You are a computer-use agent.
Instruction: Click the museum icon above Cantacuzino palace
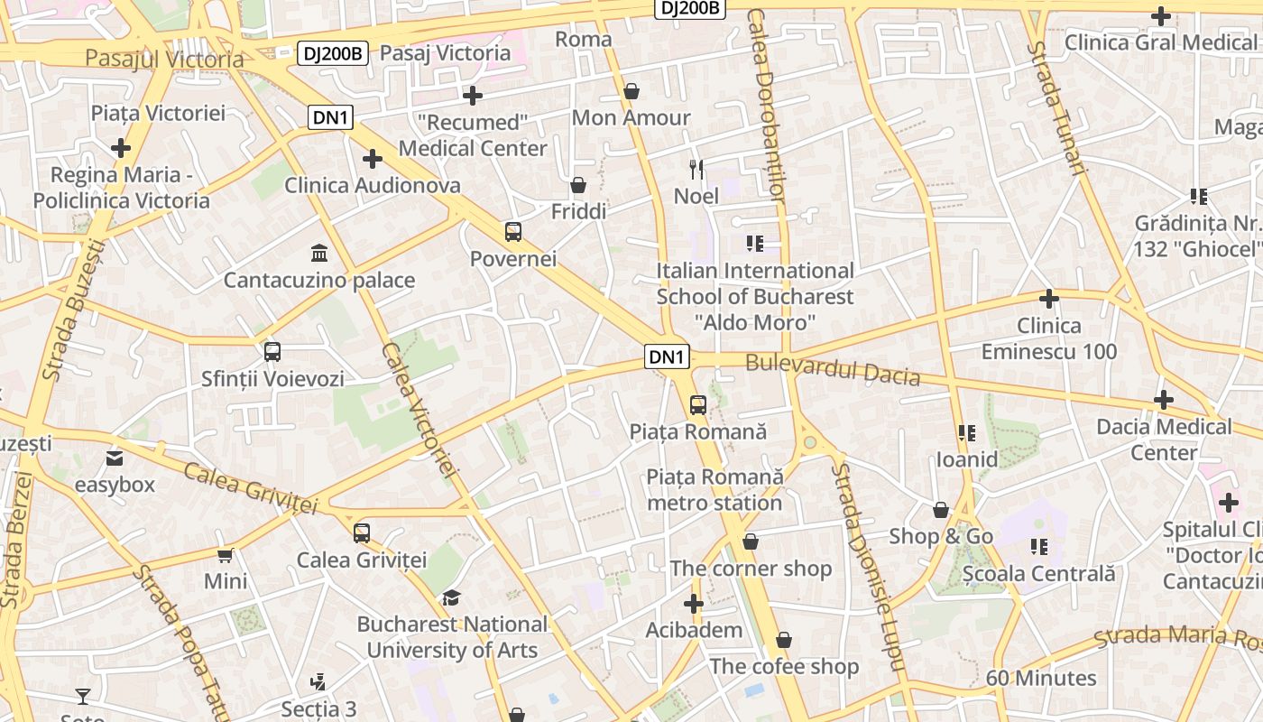pos(318,252)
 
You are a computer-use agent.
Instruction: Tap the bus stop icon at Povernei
pos(513,232)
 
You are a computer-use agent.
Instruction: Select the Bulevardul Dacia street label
pos(833,370)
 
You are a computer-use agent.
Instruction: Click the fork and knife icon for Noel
pos(696,169)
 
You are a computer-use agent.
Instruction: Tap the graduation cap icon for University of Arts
pos(451,597)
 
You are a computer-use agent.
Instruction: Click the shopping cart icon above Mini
pos(225,555)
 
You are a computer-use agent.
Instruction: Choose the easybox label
pos(115,485)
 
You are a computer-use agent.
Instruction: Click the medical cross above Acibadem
pos(693,604)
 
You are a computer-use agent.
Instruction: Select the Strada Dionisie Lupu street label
pos(868,569)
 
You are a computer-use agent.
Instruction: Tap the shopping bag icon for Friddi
pos(578,185)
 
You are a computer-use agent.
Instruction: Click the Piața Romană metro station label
pos(714,489)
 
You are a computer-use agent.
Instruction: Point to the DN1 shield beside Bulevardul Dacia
pos(667,357)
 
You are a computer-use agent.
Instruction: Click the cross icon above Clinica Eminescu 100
pos(1048,298)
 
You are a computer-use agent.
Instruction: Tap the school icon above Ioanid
pos(967,433)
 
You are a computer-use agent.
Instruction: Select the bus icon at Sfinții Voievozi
pos(272,352)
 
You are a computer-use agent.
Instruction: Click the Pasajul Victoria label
pos(164,60)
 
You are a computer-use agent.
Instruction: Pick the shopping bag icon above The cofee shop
pos(784,640)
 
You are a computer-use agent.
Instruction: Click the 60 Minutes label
pos(1041,678)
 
